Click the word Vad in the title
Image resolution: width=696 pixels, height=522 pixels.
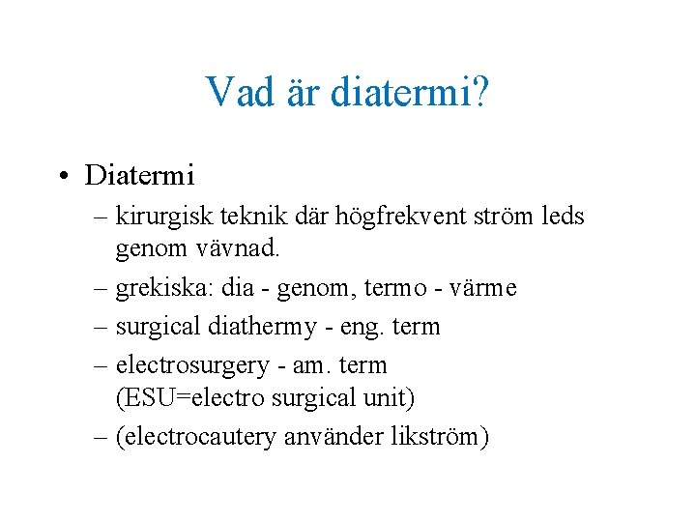[235, 92]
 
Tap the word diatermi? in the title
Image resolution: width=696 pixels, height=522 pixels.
[409, 92]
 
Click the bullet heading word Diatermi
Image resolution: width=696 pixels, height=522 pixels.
[140, 175]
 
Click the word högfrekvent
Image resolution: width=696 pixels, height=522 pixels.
[386, 217]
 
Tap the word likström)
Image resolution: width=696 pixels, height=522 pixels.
[441, 437]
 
